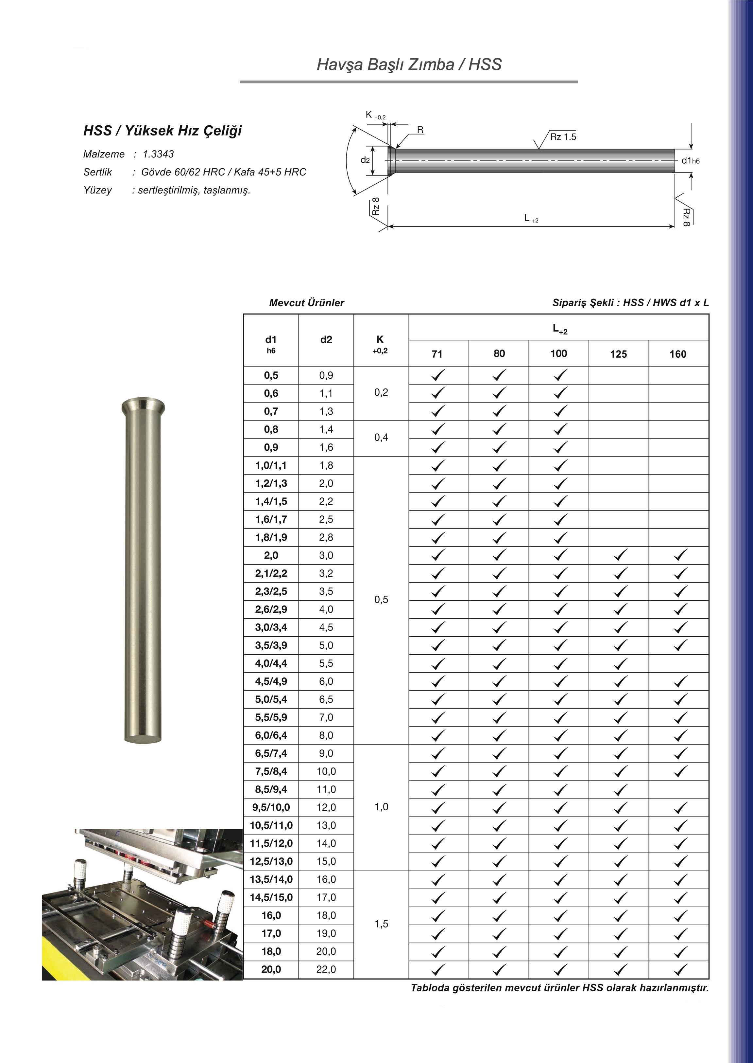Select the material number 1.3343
[x=158, y=154]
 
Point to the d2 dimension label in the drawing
[x=365, y=160]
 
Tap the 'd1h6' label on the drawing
[x=690, y=161]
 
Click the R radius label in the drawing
[x=420, y=130]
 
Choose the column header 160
[x=677, y=354]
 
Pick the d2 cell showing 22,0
[x=326, y=969]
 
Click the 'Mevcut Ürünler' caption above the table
[x=306, y=303]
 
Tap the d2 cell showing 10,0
[x=326, y=771]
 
